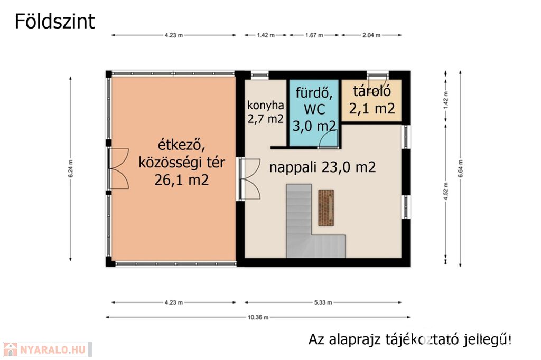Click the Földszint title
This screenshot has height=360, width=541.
54,22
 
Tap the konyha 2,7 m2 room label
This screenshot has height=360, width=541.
265,112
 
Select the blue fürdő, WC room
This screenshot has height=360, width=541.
313,113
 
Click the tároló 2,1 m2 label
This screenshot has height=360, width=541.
372,100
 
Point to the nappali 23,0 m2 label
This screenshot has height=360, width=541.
322,167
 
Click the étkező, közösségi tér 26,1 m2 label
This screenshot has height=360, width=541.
182,162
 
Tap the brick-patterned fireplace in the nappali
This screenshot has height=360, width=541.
325,207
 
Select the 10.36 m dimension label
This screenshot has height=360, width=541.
258,317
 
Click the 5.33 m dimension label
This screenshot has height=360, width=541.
323,303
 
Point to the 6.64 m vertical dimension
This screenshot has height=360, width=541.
460,168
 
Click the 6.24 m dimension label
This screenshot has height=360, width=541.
70,168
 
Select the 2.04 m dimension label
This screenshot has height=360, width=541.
371,35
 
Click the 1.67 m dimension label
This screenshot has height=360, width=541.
314,35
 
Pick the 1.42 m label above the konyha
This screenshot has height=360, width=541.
266,35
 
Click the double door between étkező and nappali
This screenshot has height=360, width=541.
250,179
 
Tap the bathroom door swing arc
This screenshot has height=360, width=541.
328,139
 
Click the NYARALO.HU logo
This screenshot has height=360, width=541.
47,349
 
